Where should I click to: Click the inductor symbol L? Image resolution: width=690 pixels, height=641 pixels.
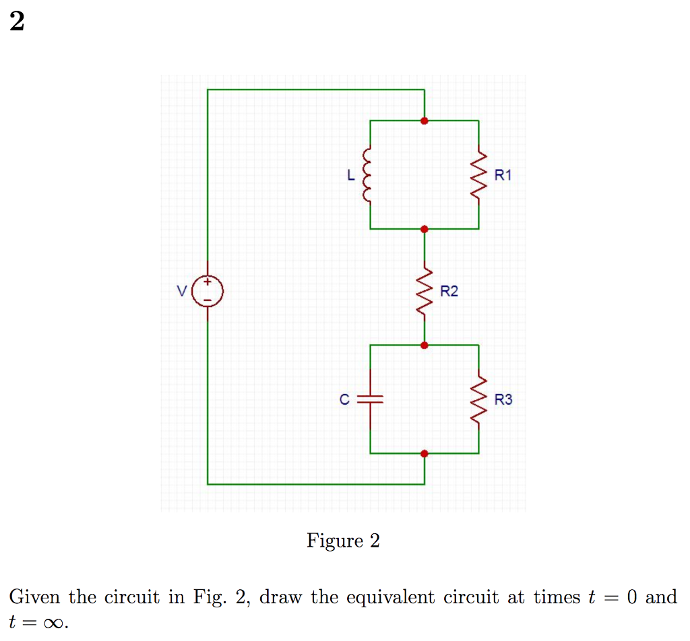[x=369, y=175]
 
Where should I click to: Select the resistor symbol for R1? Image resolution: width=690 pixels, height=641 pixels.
[x=478, y=175]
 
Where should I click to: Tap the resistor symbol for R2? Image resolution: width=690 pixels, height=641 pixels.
[x=425, y=292]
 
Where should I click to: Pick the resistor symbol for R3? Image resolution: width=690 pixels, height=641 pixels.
[x=478, y=400]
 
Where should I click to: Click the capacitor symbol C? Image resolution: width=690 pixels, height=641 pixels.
[x=370, y=399]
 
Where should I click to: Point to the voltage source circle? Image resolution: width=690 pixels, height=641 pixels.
[x=207, y=292]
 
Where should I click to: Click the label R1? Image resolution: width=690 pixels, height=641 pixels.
[x=503, y=176]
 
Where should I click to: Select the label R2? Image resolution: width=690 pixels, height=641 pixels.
[x=449, y=292]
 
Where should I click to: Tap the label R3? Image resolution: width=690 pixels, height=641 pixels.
[x=503, y=400]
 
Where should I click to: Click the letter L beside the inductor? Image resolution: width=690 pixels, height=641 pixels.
[x=350, y=176]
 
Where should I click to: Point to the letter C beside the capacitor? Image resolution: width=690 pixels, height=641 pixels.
[x=344, y=400]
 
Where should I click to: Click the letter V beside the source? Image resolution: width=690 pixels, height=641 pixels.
[x=181, y=292]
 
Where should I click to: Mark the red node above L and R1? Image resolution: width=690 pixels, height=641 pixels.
[x=424, y=121]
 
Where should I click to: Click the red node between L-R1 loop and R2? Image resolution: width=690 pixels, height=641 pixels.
[x=424, y=229]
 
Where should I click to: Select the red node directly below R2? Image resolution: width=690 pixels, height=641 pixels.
[x=424, y=345]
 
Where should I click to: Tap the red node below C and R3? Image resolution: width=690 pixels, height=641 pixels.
[x=424, y=453]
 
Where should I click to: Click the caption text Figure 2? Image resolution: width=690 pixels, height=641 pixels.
[x=343, y=541]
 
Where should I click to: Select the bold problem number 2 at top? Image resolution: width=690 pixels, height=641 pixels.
[x=17, y=23]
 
